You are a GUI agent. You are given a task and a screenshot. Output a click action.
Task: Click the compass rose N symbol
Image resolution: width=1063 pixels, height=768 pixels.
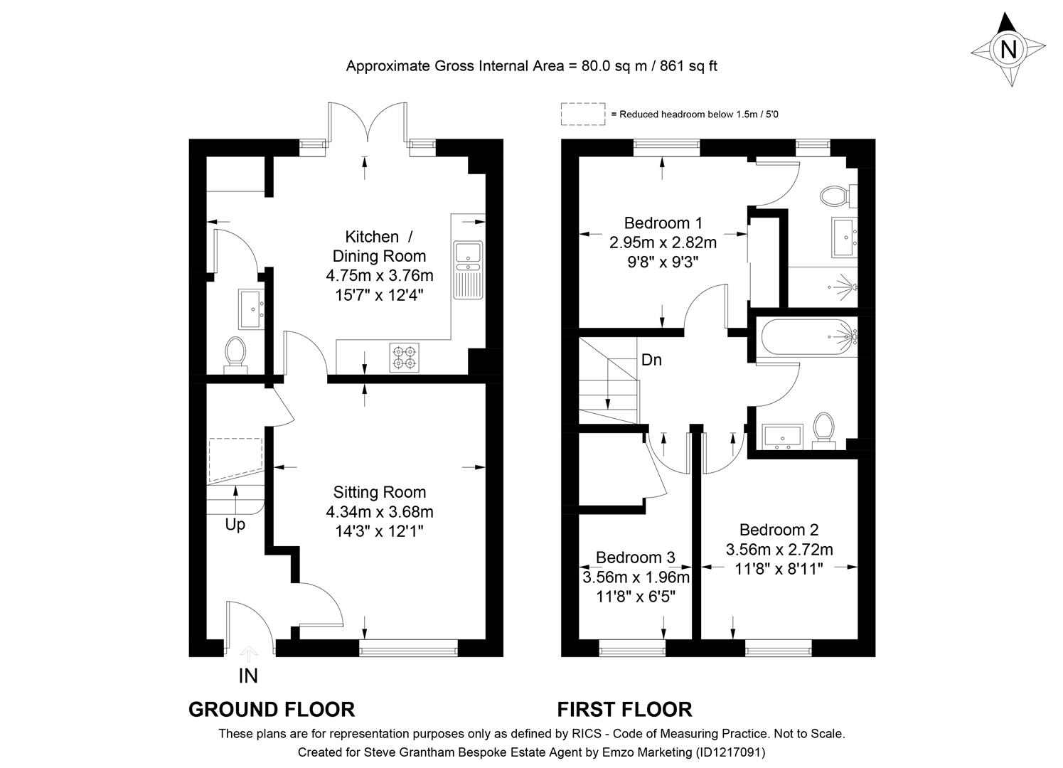tap(1008, 50)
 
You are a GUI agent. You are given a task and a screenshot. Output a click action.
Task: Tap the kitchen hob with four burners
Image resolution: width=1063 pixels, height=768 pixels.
tap(405, 357)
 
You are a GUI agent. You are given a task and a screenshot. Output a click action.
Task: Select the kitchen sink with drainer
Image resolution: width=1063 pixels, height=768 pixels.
tap(468, 270)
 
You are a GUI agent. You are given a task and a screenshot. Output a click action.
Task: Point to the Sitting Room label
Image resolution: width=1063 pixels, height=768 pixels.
tap(380, 492)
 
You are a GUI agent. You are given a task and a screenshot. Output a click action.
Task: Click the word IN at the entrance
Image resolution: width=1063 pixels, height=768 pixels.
tap(248, 676)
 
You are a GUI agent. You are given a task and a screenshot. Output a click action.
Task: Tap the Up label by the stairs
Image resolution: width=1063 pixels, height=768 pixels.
tap(235, 525)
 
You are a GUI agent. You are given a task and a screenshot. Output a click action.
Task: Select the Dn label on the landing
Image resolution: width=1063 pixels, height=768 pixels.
tap(651, 360)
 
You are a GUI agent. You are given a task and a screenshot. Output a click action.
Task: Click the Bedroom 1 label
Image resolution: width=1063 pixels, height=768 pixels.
tap(663, 223)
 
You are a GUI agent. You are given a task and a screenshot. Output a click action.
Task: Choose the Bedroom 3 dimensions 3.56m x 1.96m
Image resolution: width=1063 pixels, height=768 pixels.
tap(636, 577)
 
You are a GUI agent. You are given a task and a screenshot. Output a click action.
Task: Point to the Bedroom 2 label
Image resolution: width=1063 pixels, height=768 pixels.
tap(779, 530)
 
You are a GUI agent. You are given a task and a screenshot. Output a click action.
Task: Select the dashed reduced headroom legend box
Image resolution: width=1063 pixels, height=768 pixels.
tap(582, 114)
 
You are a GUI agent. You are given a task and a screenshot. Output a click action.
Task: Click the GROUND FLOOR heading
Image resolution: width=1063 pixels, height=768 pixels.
tap(271, 709)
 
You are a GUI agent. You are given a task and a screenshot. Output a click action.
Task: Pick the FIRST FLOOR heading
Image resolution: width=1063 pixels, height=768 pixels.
tap(624, 709)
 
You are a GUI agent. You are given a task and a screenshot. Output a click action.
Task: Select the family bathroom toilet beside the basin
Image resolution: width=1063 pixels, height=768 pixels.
tap(824, 430)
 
